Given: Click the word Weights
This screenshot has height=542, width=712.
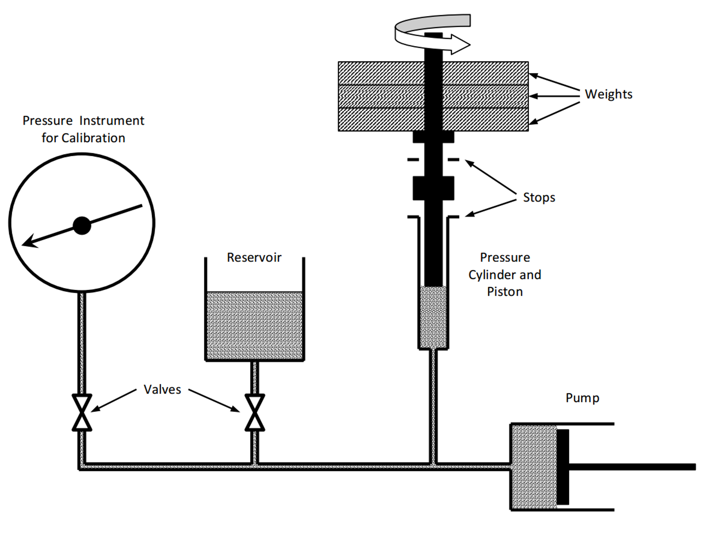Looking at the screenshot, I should pos(608,94).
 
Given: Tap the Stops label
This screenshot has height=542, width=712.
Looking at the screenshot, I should pos(539,197).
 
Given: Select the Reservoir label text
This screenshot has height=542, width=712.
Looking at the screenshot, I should pos(254,257).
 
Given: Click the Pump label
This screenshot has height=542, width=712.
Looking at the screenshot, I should pos(582,398).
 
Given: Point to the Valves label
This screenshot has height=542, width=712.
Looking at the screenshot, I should pos(162,389).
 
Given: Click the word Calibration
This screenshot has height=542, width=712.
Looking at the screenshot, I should pos(93,138).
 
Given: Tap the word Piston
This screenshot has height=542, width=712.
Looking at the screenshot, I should pos(505,292).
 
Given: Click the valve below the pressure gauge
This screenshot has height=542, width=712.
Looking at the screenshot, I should pos(82,413).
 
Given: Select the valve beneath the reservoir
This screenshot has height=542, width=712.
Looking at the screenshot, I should pos(255,413).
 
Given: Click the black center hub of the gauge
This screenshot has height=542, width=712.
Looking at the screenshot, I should pos(82,225).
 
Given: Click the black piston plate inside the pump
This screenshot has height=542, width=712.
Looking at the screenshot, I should pos(562,467).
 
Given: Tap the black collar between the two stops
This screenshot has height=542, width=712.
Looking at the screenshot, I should pos(433,188).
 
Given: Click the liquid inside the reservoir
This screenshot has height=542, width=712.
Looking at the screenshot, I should pos(254,325).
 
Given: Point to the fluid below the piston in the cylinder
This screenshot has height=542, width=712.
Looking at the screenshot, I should pos(433,317).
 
